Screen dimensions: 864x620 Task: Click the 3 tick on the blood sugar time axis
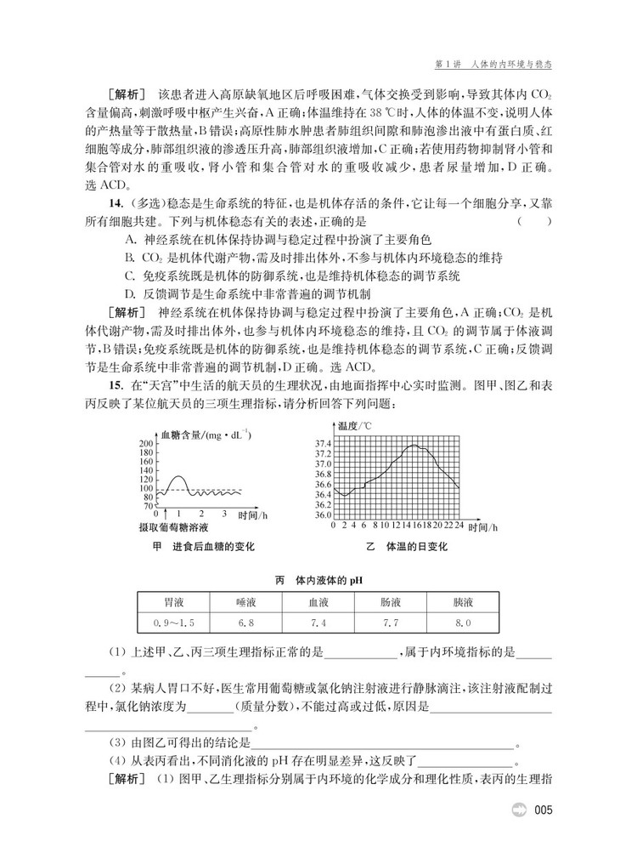tap(224, 514)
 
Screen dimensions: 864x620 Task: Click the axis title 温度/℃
tap(354, 425)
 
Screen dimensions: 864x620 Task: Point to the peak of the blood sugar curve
tap(178, 477)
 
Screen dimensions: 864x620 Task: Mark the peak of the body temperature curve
tap(413, 446)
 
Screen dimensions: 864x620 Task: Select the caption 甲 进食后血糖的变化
tap(203, 546)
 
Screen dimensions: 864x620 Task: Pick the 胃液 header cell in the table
tap(174, 603)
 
